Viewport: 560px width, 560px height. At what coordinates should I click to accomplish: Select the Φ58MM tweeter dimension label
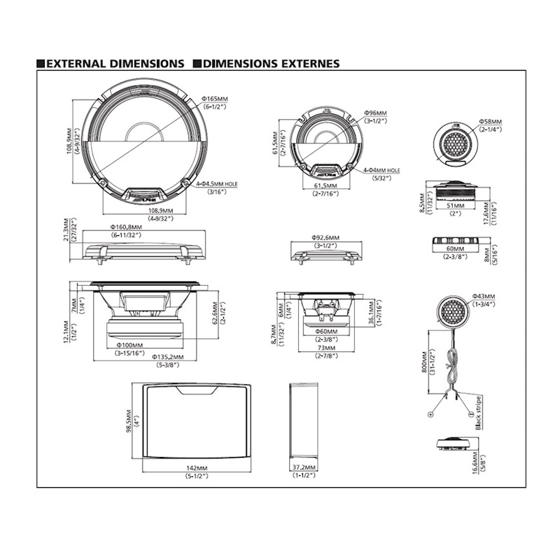(x=491, y=122)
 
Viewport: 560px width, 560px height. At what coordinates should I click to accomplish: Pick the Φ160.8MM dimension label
(x=126, y=227)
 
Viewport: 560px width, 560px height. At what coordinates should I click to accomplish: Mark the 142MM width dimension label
(x=197, y=468)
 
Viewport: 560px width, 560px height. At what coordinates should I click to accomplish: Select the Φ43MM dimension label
(x=484, y=297)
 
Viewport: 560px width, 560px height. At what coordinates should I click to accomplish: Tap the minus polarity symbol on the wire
(x=462, y=414)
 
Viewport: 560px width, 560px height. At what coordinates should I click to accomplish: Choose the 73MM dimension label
(x=326, y=348)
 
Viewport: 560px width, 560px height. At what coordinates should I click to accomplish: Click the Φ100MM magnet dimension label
(x=130, y=345)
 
